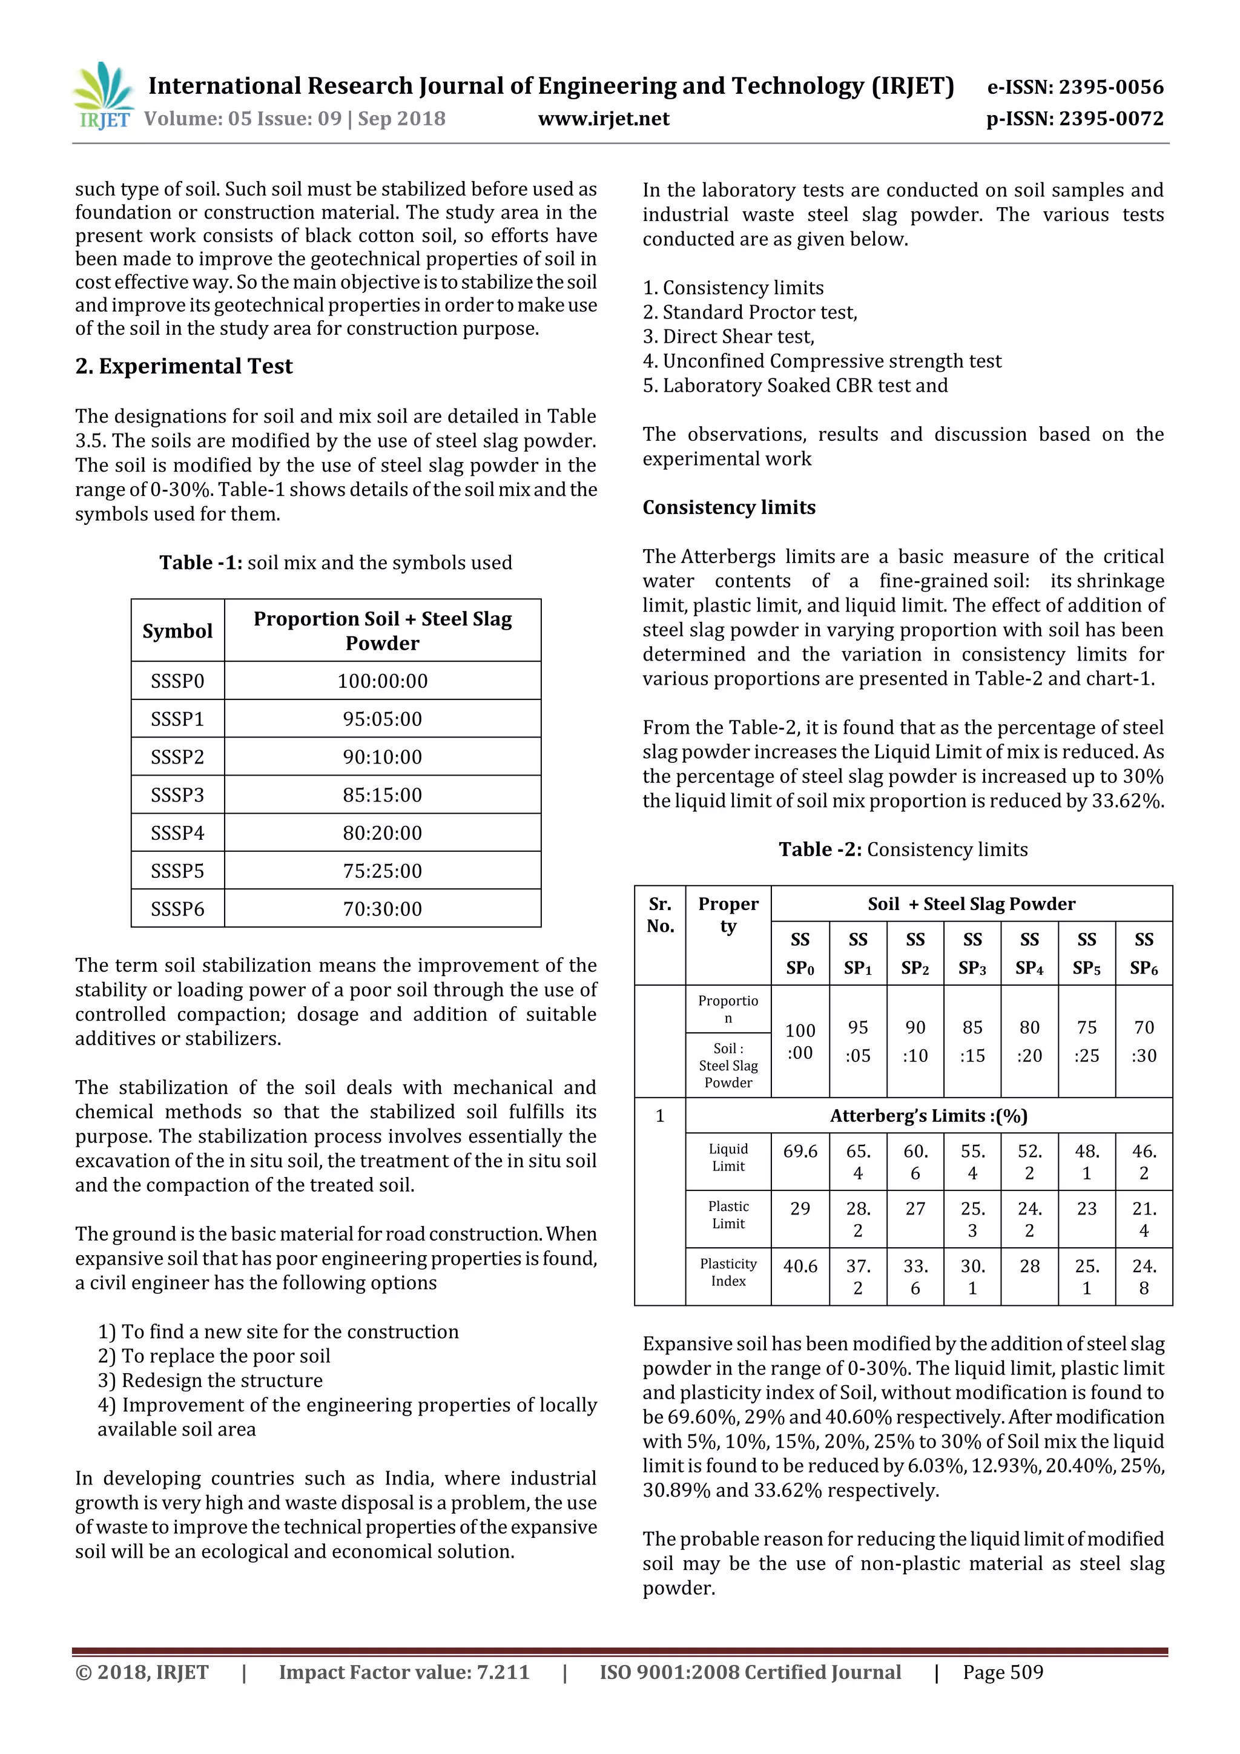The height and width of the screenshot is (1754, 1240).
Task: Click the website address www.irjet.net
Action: click(604, 119)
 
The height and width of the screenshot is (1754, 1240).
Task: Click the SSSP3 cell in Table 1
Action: click(177, 794)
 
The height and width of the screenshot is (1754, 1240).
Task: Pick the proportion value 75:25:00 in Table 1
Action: click(382, 871)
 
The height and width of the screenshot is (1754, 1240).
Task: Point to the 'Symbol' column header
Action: click(177, 631)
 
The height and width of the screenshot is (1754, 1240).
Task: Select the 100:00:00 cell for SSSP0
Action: click(382, 681)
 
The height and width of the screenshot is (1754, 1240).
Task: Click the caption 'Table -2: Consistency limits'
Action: click(903, 849)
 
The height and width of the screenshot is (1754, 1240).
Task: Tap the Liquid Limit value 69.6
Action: click(800, 1151)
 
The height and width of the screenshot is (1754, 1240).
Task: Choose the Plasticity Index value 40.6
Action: click(800, 1266)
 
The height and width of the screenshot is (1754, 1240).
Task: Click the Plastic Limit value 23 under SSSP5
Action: click(1086, 1208)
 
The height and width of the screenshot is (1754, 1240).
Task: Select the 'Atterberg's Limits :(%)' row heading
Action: click(928, 1116)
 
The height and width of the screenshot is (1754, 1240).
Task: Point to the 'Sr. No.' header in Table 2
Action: click(660, 915)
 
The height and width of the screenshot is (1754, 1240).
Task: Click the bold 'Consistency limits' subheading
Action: click(729, 507)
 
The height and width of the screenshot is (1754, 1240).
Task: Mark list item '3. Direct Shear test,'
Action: click(729, 337)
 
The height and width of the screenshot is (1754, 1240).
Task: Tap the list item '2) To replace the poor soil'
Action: click(214, 1356)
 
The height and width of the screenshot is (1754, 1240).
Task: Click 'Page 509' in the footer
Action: click(1003, 1672)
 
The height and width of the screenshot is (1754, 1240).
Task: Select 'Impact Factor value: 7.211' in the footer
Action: click(404, 1672)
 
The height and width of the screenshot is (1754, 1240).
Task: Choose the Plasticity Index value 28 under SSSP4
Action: click(1029, 1266)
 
